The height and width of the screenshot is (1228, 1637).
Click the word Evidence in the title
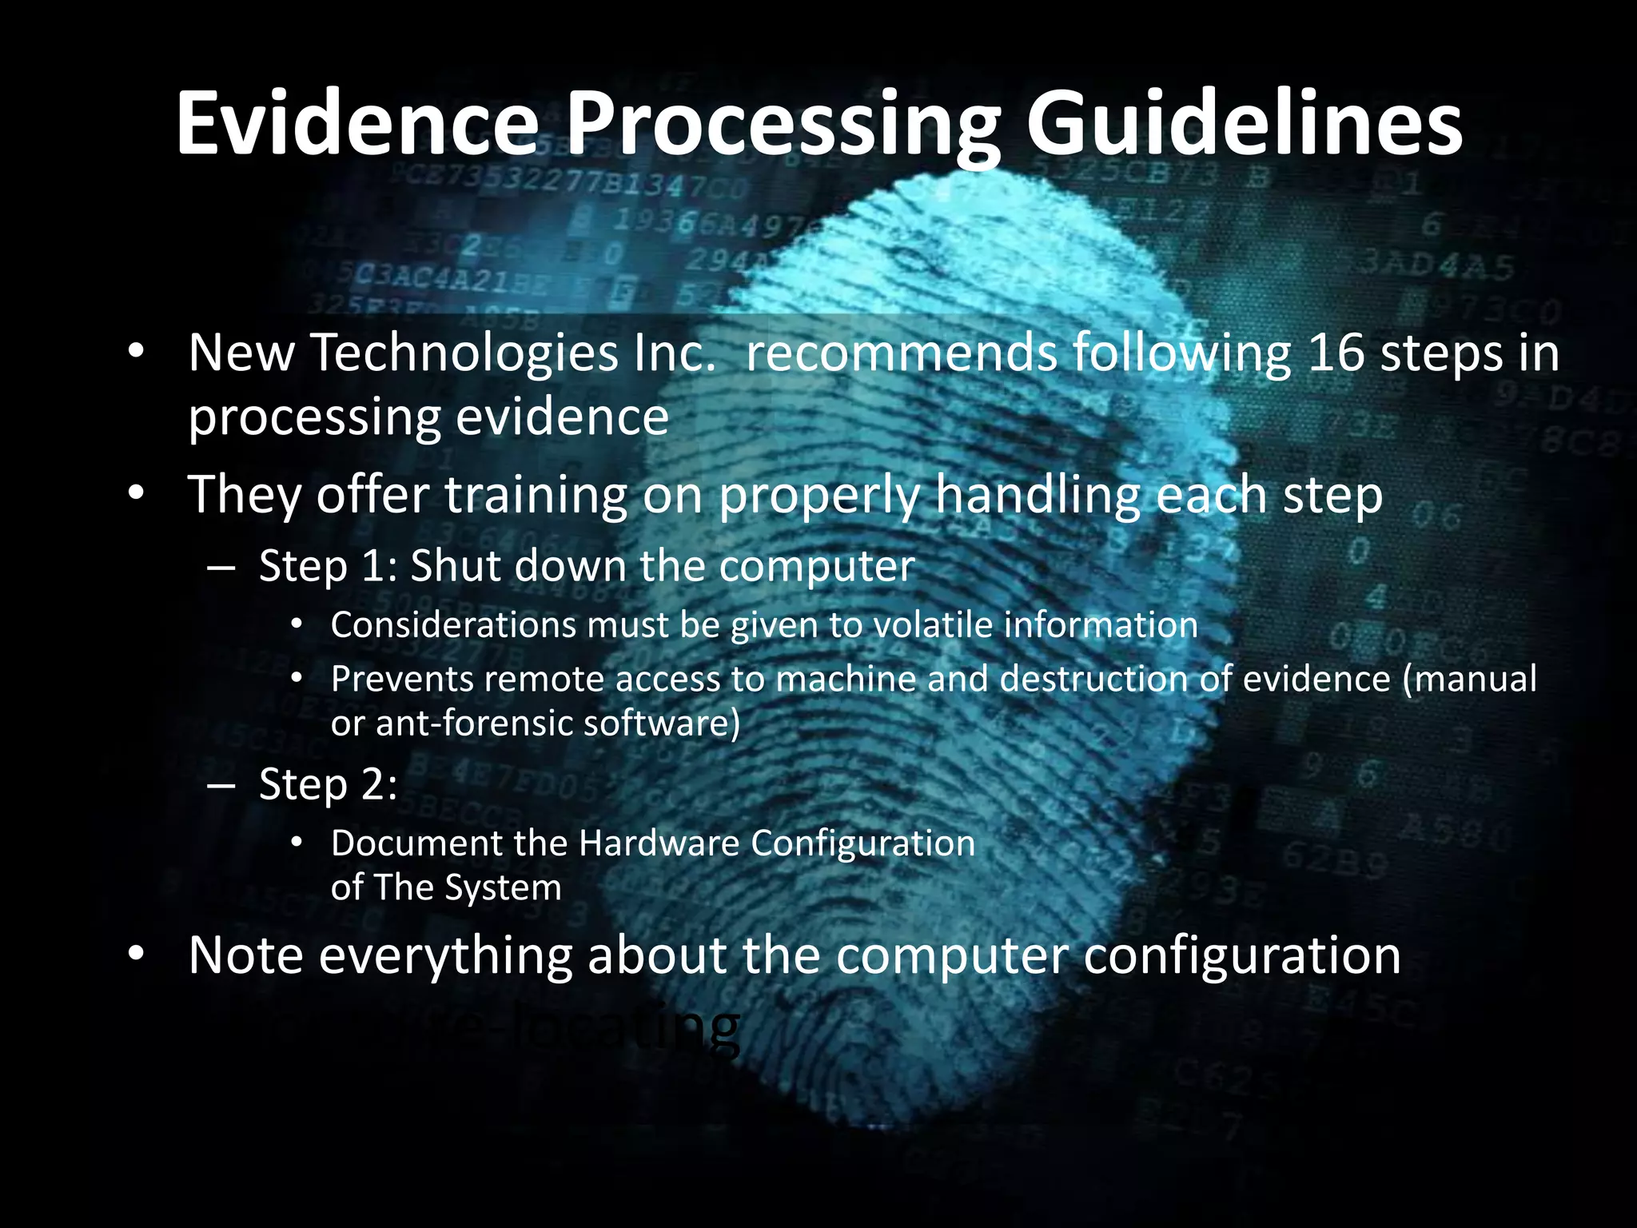click(x=357, y=124)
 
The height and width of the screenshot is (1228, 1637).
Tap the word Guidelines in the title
click(x=1244, y=124)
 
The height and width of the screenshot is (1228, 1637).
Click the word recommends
click(x=901, y=353)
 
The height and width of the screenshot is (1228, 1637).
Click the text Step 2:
click(x=328, y=784)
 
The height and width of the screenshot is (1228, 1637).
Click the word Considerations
click(x=452, y=624)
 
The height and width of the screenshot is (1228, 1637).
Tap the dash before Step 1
click(x=221, y=567)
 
